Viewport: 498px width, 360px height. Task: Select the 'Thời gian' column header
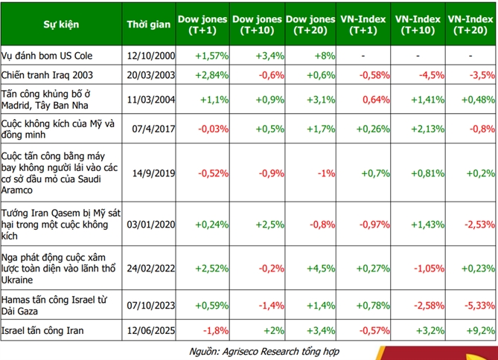coord(149,25)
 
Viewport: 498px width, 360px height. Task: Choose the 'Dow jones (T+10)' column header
coord(257,25)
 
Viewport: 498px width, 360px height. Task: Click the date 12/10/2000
coord(152,56)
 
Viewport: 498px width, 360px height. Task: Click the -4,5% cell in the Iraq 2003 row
coord(424,75)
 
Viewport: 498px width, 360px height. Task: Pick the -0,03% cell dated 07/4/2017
coord(211,129)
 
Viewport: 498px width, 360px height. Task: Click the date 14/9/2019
coord(152,173)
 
